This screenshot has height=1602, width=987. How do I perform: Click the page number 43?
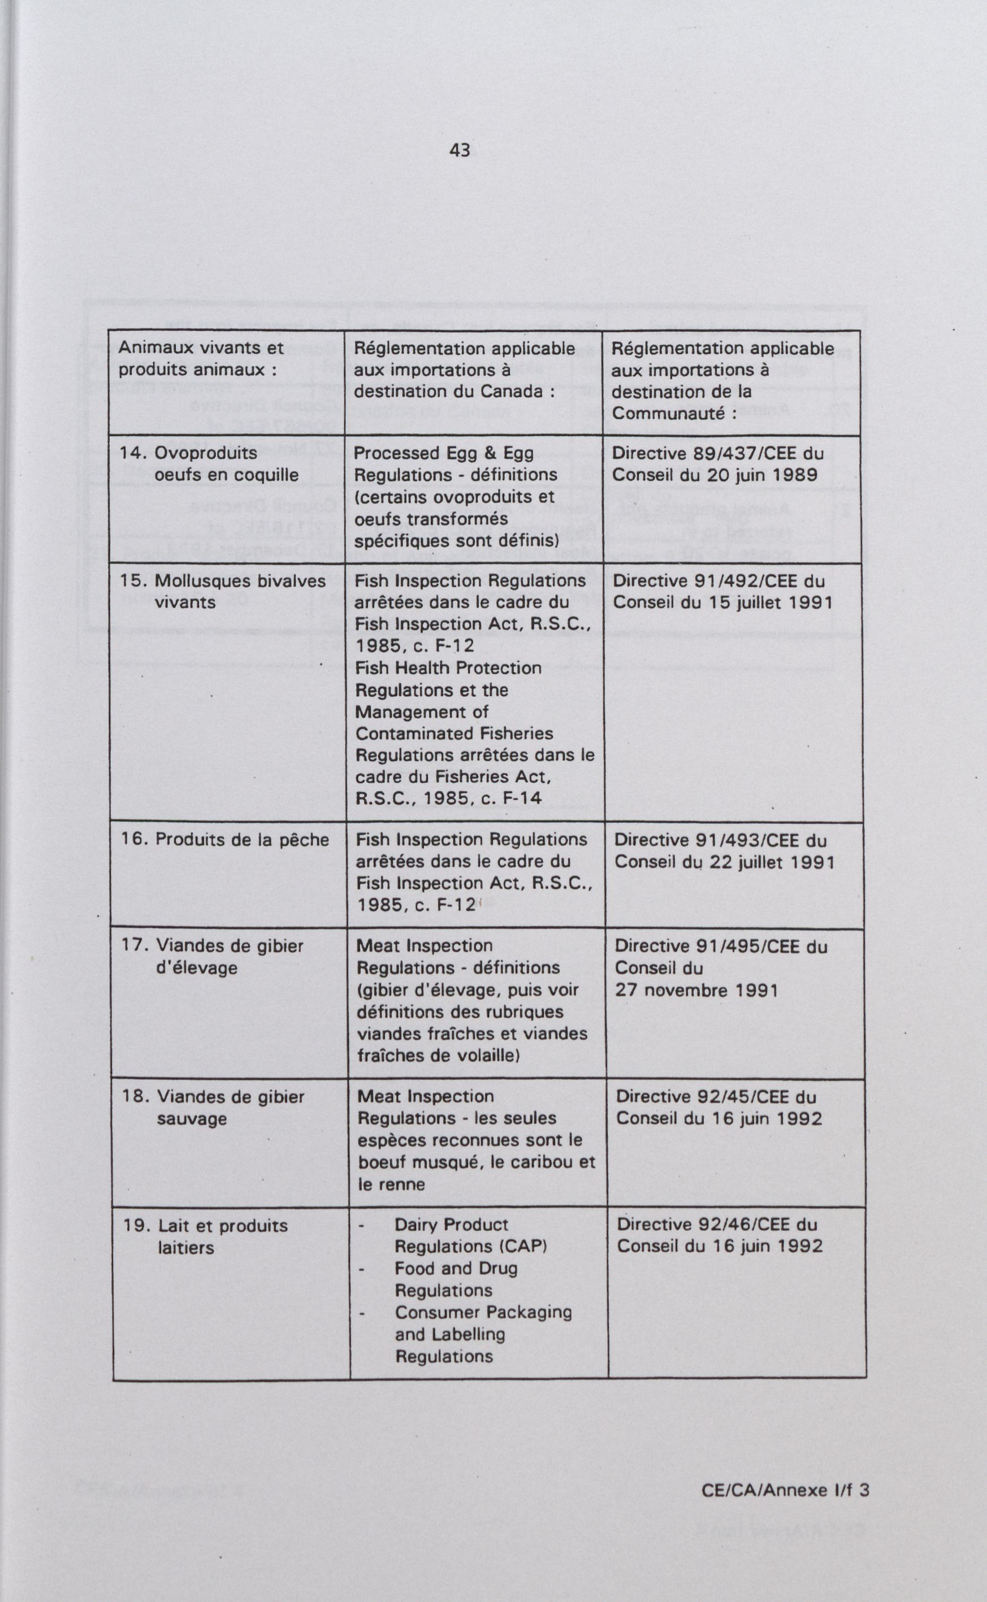point(460,151)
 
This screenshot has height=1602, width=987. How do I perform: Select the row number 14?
point(133,453)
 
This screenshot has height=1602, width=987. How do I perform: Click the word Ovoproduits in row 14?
point(206,453)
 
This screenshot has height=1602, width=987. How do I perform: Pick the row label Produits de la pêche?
point(241,840)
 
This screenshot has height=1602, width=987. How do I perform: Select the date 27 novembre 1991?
point(696,991)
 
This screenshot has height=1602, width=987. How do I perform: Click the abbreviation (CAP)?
point(522,1247)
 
